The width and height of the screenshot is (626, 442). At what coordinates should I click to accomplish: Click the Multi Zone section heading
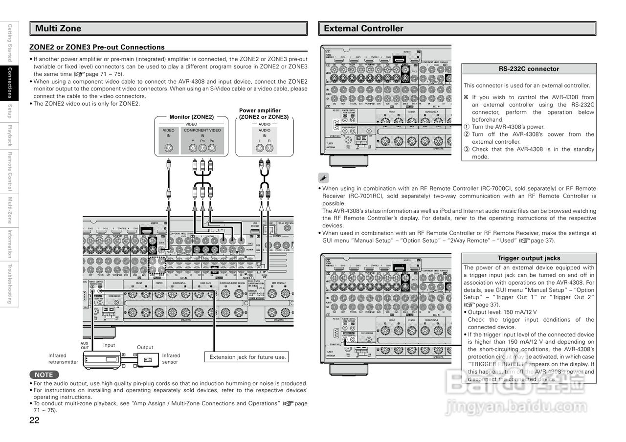pyautogui.click(x=58, y=28)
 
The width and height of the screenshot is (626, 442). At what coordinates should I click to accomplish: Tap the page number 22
pyautogui.click(x=34, y=420)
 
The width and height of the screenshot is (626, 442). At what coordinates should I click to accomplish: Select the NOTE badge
pyautogui.click(x=44, y=375)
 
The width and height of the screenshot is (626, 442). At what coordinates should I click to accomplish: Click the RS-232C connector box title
pyautogui.click(x=529, y=69)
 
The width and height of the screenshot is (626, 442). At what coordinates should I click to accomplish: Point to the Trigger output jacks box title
pyautogui.click(x=529, y=258)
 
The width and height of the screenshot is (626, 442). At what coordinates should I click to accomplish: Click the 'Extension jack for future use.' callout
pyautogui.click(x=247, y=357)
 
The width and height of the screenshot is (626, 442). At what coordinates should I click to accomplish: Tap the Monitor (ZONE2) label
pyautogui.click(x=191, y=117)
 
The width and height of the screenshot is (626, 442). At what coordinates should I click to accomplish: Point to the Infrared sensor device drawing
pyautogui.click(x=148, y=360)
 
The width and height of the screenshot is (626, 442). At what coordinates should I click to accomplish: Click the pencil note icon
pyautogui.click(x=323, y=178)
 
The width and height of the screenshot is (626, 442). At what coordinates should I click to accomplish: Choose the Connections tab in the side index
pyautogui.click(x=9, y=83)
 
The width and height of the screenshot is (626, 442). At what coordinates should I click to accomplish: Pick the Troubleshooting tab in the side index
pyautogui.click(x=9, y=284)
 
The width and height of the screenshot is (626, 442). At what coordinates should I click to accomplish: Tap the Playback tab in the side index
pyautogui.click(x=9, y=135)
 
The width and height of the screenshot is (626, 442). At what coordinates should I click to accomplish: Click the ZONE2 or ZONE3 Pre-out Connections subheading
pyautogui.click(x=97, y=47)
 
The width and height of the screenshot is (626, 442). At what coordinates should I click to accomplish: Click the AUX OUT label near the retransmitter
pyautogui.click(x=85, y=346)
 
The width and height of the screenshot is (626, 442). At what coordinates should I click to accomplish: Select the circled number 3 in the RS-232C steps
pyautogui.click(x=467, y=150)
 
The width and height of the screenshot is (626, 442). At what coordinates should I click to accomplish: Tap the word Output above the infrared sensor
pyautogui.click(x=145, y=347)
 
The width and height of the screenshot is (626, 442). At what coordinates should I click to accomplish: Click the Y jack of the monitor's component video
pyautogui.click(x=193, y=147)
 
